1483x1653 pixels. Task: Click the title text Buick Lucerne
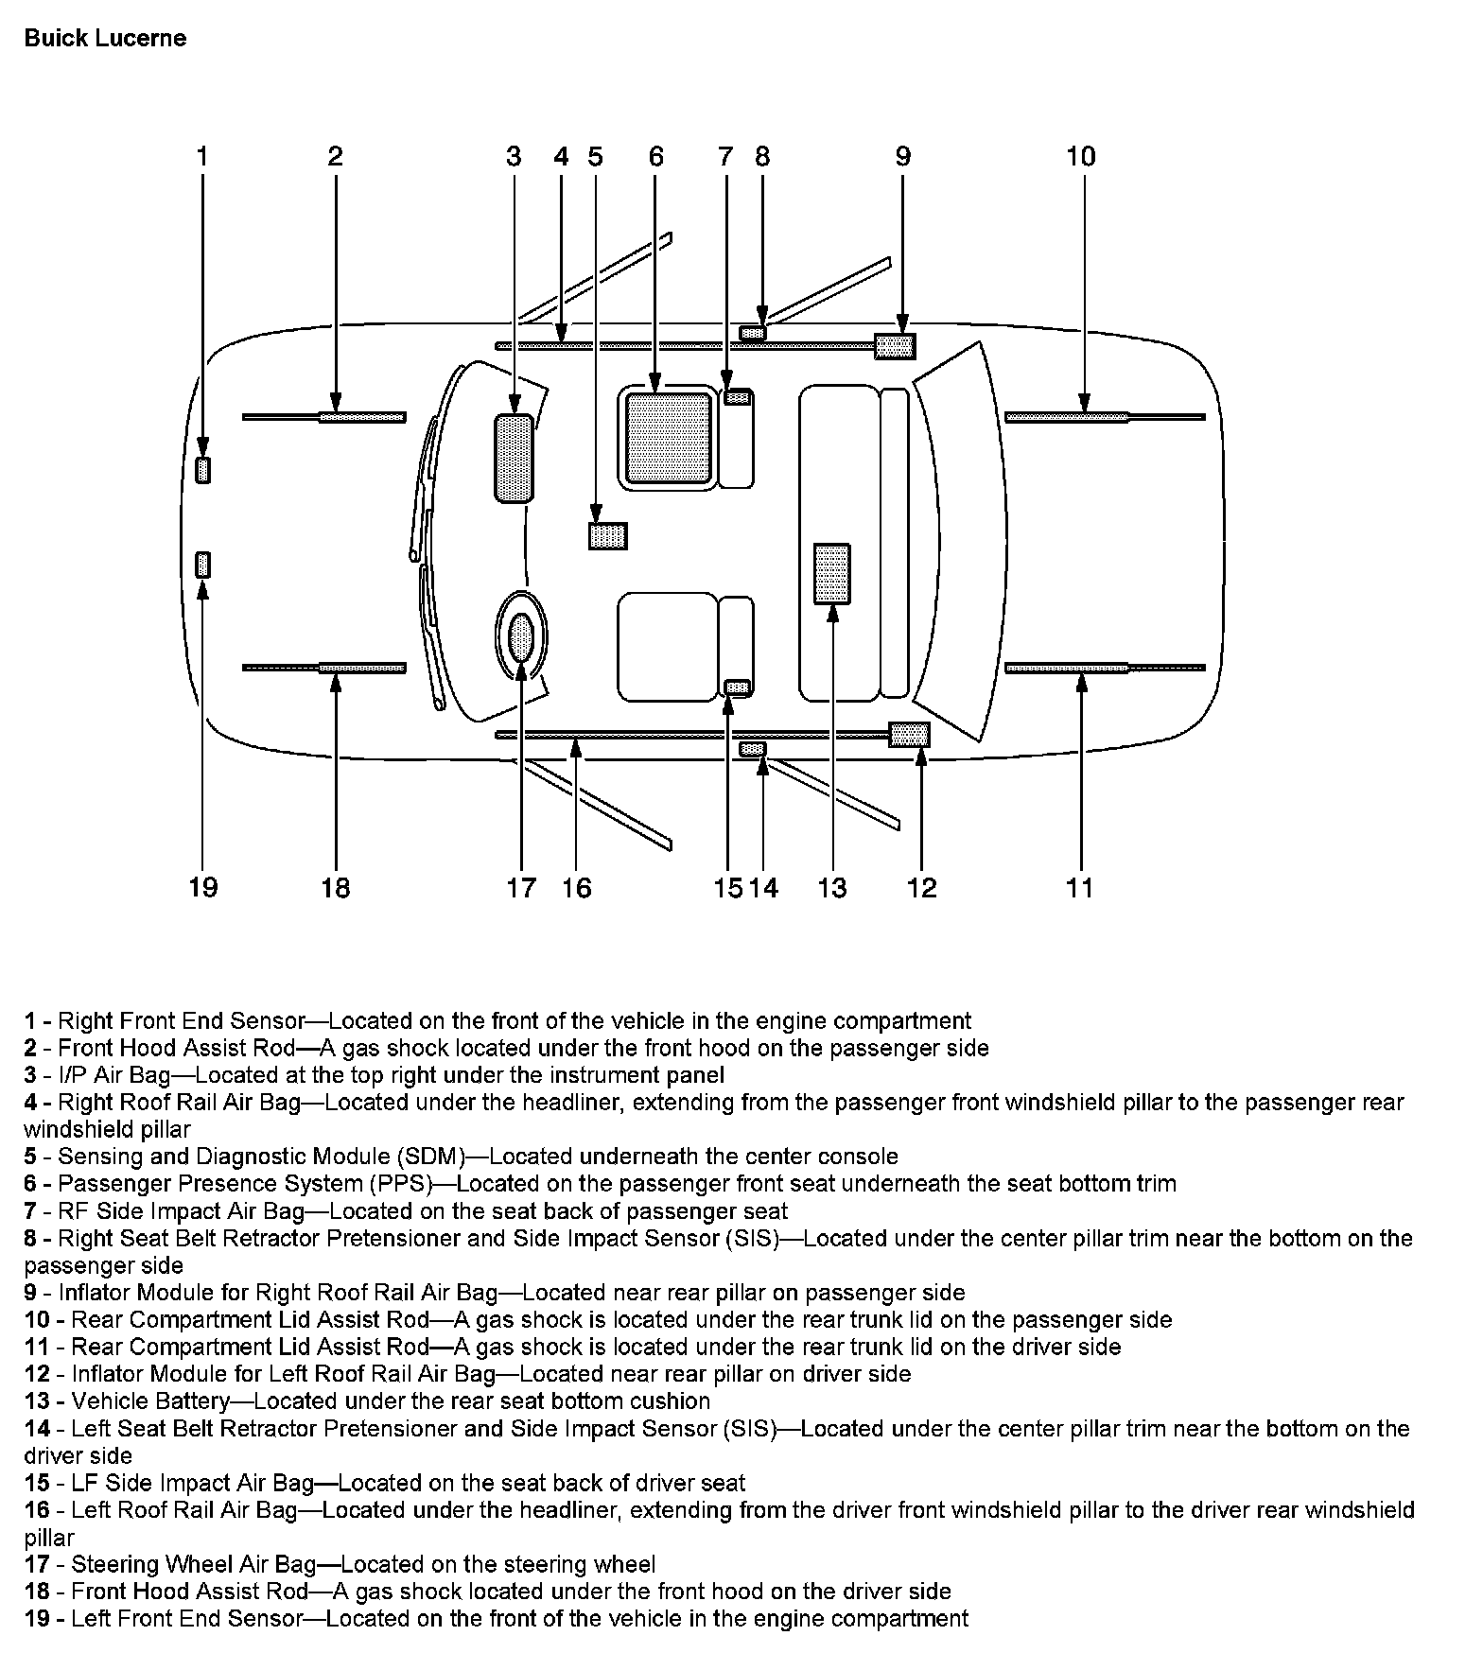[105, 39]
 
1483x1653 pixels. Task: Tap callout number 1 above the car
[201, 156]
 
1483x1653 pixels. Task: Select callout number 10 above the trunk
[1080, 156]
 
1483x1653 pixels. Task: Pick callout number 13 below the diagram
[832, 888]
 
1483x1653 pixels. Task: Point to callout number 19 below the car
[202, 888]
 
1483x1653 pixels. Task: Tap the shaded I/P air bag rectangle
[514, 459]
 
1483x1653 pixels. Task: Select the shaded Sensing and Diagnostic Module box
[607, 536]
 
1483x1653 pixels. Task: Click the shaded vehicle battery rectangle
[832, 573]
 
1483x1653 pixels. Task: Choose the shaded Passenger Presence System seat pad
[668, 437]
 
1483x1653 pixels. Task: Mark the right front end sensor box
[202, 470]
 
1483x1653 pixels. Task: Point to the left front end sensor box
[202, 565]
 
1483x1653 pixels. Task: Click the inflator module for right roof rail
[895, 347]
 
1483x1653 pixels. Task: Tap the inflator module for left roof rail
[909, 735]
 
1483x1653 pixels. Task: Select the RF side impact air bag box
[738, 398]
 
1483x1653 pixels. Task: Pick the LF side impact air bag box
[738, 687]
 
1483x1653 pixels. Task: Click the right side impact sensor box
[753, 333]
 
